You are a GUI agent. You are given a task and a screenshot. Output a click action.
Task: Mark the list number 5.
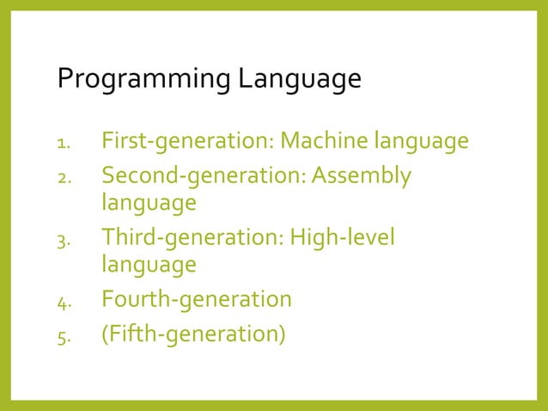click(63, 335)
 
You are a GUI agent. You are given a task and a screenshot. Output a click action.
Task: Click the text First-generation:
click(187, 140)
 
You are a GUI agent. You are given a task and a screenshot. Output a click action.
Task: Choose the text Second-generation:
click(203, 176)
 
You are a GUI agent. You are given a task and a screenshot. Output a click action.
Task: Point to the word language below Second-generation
click(149, 205)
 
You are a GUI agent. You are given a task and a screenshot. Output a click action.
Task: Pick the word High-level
click(342, 237)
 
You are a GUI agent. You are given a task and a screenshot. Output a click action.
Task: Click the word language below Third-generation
click(149, 266)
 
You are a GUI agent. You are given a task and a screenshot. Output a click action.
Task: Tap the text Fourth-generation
click(197, 300)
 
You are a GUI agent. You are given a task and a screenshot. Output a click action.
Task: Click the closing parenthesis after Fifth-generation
click(281, 334)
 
